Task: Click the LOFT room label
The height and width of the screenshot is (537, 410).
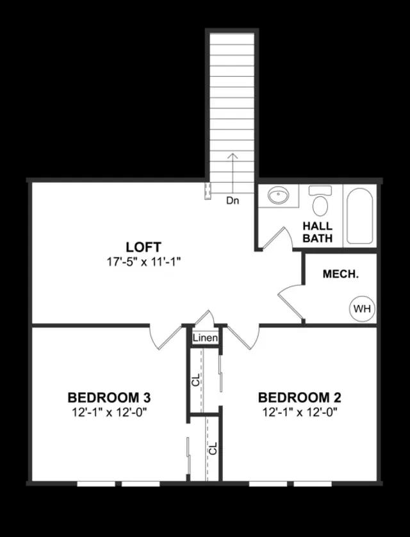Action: (x=143, y=247)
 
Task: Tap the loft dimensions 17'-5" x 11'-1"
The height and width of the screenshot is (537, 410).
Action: (x=143, y=262)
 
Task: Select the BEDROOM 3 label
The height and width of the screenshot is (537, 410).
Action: (x=109, y=397)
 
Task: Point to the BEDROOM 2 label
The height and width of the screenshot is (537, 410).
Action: (x=299, y=397)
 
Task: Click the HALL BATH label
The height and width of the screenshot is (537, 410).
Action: (x=317, y=232)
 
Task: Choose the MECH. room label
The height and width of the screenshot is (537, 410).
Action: (x=341, y=274)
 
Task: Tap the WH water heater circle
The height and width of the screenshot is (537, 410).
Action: (x=362, y=309)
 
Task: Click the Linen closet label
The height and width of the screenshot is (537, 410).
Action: (x=205, y=338)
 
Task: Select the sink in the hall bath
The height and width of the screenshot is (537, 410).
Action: (x=278, y=195)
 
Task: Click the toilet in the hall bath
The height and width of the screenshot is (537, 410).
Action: (x=320, y=201)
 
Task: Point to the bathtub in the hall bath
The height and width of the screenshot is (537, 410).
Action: (x=359, y=216)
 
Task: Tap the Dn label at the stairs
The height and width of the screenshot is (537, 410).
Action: (x=233, y=201)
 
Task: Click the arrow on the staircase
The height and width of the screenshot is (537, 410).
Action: (x=233, y=173)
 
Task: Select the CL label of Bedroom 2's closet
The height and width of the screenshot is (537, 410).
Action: (x=195, y=380)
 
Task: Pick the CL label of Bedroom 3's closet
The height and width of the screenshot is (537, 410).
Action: (x=213, y=449)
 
